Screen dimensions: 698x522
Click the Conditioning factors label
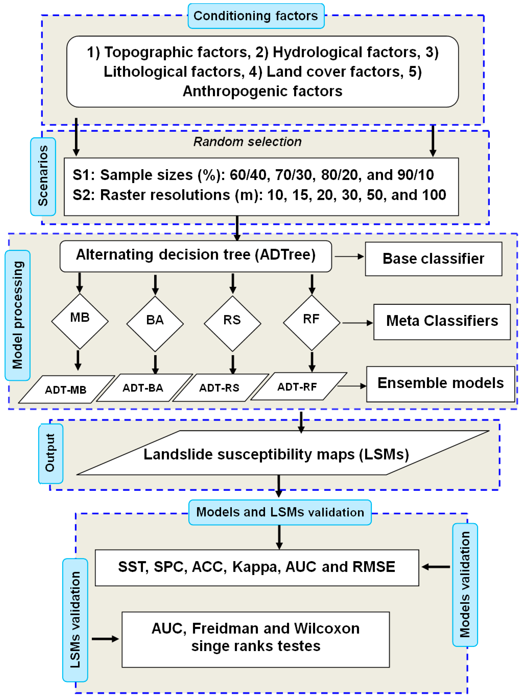(x=256, y=16)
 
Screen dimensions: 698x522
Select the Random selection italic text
(x=247, y=142)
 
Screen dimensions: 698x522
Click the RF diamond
(x=312, y=322)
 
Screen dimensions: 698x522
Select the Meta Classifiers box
(x=442, y=322)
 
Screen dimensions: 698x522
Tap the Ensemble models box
(x=440, y=383)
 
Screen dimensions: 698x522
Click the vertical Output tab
(x=50, y=453)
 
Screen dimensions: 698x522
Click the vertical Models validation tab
(x=465, y=585)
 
